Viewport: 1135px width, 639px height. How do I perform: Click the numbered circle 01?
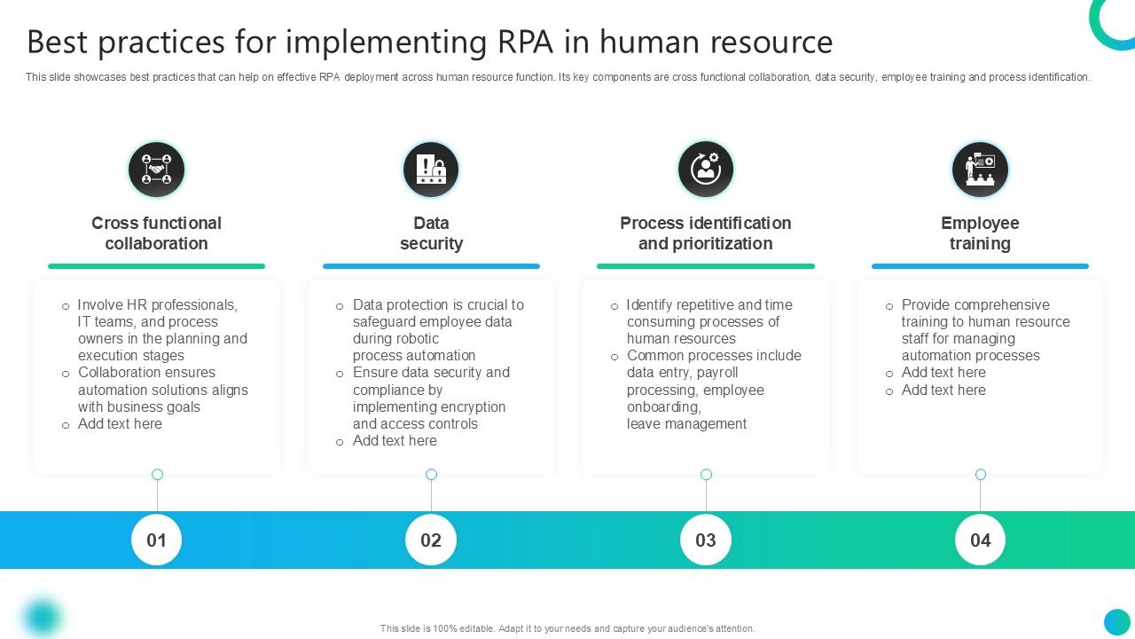point(156,540)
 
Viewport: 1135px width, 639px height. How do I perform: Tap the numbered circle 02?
point(431,540)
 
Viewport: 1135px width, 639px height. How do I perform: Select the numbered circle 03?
point(706,540)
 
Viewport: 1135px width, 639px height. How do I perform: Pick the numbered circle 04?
point(980,540)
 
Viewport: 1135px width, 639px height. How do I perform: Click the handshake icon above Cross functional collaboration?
point(156,169)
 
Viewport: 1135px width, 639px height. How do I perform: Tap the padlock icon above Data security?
point(431,169)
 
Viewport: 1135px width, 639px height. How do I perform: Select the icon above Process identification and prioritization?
point(706,169)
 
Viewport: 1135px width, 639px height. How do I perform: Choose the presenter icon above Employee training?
point(980,169)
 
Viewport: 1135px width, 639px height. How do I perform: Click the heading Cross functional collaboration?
point(156,233)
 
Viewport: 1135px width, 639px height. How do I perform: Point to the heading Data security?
point(431,233)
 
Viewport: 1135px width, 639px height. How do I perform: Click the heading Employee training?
point(980,233)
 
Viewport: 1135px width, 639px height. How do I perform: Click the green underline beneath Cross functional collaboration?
point(156,265)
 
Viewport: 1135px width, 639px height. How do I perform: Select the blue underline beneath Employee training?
point(980,265)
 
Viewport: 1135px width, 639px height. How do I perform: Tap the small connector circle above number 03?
point(706,475)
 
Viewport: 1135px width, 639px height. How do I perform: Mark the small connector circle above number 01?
point(157,475)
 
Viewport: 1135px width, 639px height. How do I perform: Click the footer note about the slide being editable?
point(567,628)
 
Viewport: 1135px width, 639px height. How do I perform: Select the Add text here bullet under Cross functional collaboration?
point(120,424)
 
